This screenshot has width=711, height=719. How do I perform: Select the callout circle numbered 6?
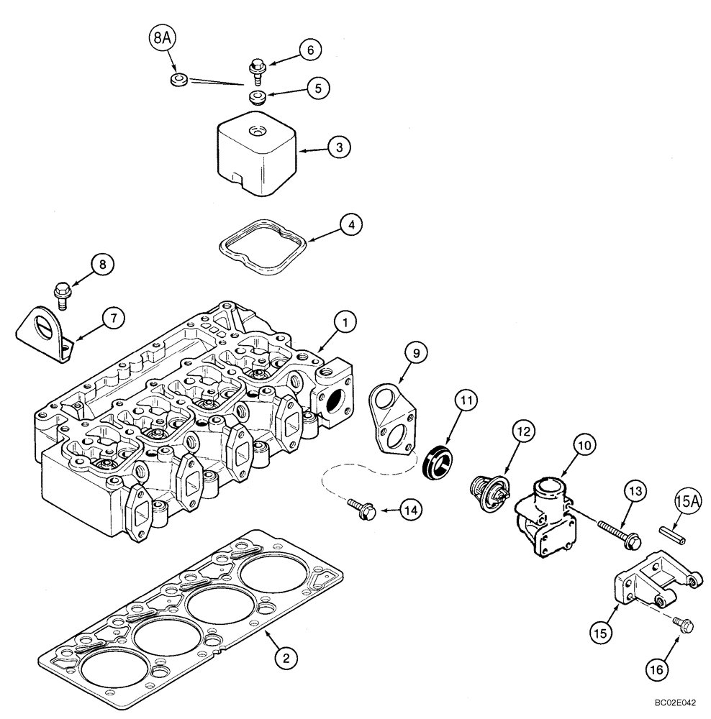coord(309,50)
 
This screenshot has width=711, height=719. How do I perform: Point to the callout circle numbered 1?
coord(345,324)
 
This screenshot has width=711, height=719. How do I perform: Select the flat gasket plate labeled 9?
coord(391,416)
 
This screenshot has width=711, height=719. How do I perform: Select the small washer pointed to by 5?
coord(258,97)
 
